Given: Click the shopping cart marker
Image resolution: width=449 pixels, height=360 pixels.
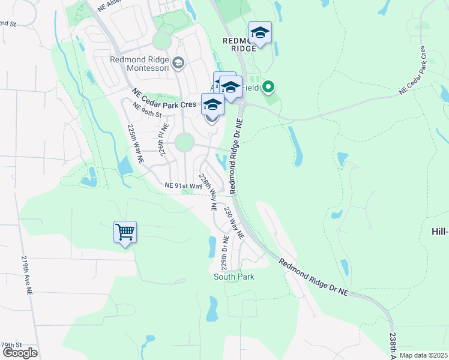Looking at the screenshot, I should tap(125, 232).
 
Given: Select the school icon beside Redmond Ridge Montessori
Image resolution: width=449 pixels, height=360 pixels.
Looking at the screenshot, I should tap(178, 62).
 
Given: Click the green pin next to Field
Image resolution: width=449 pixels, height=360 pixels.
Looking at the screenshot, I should tap(268, 88).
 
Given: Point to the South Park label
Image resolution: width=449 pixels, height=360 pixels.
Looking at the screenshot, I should tap(234, 277).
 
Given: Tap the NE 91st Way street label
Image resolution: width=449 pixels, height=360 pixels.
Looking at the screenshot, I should tap(184, 186).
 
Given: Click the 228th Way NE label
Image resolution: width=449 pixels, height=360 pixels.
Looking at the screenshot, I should tap(208, 192).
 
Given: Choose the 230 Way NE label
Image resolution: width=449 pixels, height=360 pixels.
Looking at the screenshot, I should tap(234, 223).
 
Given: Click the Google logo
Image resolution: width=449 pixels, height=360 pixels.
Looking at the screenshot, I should tap(20, 353).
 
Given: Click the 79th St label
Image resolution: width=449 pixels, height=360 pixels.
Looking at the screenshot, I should tap(11, 345).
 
